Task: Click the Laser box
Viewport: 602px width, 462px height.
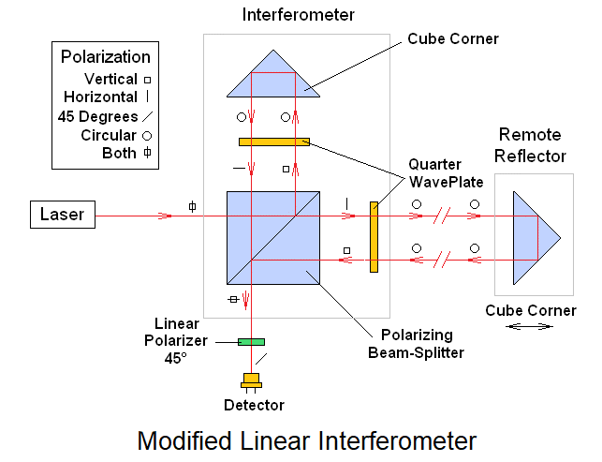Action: pyautogui.click(x=62, y=215)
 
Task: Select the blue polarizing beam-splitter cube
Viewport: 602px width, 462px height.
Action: pyautogui.click(x=273, y=237)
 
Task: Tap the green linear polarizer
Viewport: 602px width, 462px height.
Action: pyautogui.click(x=251, y=341)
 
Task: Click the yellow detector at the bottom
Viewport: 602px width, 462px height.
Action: pyautogui.click(x=251, y=381)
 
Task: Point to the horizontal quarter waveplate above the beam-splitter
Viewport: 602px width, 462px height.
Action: pyautogui.click(x=273, y=142)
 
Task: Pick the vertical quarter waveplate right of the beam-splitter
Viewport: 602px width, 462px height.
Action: pyautogui.click(x=374, y=236)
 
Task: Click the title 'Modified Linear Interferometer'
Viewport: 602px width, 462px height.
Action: pyautogui.click(x=307, y=440)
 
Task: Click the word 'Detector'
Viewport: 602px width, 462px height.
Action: pyautogui.click(x=254, y=405)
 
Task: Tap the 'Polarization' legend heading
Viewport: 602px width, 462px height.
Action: pyautogui.click(x=105, y=57)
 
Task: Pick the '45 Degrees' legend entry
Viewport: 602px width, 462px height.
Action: pyautogui.click(x=97, y=116)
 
